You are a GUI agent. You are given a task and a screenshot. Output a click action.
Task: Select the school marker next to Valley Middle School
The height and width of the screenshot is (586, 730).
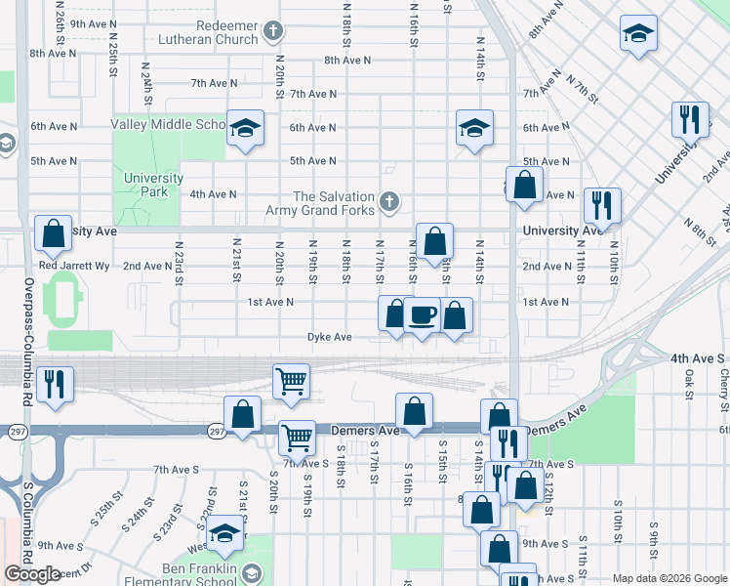tap(246, 127)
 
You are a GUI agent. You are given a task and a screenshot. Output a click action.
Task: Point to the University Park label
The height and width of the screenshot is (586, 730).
tap(153, 185)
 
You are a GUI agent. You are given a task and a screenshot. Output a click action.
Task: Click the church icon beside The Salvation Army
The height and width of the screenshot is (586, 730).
tap(388, 202)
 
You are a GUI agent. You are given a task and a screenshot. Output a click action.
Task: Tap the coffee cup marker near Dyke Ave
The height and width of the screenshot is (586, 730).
tap(422, 315)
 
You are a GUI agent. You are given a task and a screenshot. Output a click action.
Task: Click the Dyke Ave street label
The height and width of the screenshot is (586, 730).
tap(329, 337)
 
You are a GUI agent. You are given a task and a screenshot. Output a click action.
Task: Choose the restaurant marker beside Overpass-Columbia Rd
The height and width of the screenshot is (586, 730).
tap(55, 384)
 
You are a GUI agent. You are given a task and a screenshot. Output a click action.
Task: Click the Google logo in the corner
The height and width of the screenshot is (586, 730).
tap(32, 574)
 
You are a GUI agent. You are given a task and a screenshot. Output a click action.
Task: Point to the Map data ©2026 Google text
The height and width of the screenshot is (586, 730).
tap(669, 578)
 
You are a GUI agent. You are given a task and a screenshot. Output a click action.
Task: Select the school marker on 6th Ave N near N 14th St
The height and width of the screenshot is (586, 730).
tap(474, 128)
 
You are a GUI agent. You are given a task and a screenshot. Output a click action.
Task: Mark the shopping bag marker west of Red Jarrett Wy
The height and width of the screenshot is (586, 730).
tap(53, 233)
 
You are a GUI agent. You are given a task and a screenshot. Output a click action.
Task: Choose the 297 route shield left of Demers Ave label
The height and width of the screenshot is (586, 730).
tap(217, 430)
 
